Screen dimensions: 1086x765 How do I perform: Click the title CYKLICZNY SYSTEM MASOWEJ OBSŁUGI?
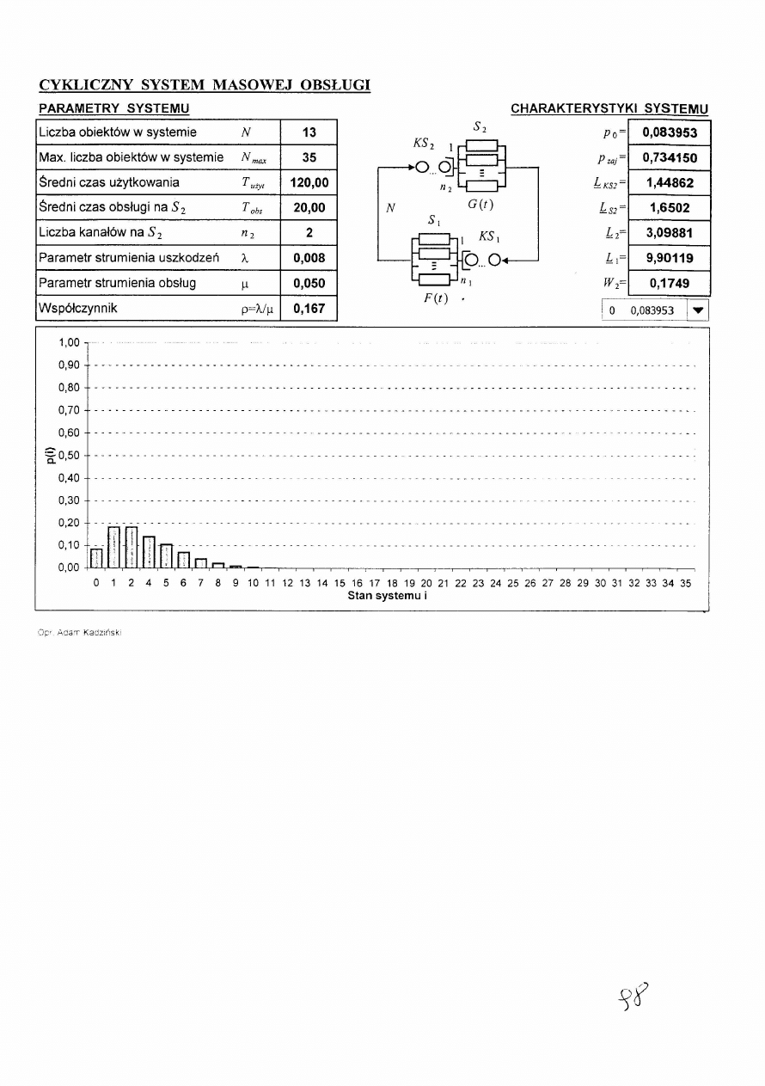point(205,85)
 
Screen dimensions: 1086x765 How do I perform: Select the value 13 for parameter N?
point(309,132)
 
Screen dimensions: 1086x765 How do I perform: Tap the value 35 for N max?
point(309,157)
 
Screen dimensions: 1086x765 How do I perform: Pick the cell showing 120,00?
point(309,183)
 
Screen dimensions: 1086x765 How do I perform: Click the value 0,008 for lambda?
point(309,257)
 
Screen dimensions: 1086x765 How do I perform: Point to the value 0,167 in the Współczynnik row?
point(309,308)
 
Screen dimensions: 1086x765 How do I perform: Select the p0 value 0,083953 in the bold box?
point(670,132)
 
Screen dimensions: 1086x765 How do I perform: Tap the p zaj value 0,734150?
point(670,157)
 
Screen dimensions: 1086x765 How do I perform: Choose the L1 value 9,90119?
point(670,258)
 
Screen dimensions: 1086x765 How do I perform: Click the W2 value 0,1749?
point(670,283)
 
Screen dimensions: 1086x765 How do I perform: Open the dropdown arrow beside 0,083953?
point(697,310)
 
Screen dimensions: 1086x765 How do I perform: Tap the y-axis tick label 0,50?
point(68,455)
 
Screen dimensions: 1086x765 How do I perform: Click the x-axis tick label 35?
point(685,583)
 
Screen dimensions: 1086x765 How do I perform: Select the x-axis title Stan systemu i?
point(388,595)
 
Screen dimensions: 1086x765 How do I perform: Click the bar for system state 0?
point(96,557)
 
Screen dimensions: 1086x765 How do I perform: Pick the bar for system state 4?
point(149,551)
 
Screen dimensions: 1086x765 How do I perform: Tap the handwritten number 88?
point(633,999)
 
